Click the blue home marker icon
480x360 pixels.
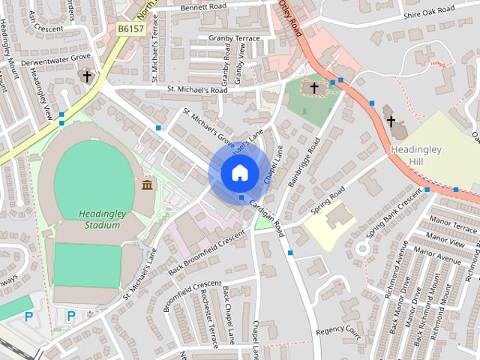pyautogui.click(x=239, y=172)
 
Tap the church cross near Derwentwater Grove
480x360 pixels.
pyautogui.click(x=87, y=76)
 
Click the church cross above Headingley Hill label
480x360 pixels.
pyautogui.click(x=390, y=121)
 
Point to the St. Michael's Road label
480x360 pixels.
pyautogui.click(x=196, y=90)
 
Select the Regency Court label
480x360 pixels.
pyautogui.click(x=339, y=331)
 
